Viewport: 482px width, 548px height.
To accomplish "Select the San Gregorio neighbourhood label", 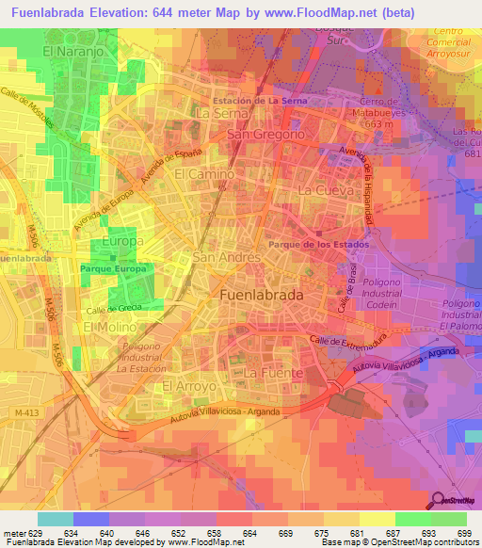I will click(266, 135).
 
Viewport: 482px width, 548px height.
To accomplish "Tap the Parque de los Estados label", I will click(318, 243).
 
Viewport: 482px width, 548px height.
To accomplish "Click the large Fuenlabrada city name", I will click(260, 294).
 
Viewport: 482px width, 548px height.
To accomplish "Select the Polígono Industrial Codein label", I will click(381, 306).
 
